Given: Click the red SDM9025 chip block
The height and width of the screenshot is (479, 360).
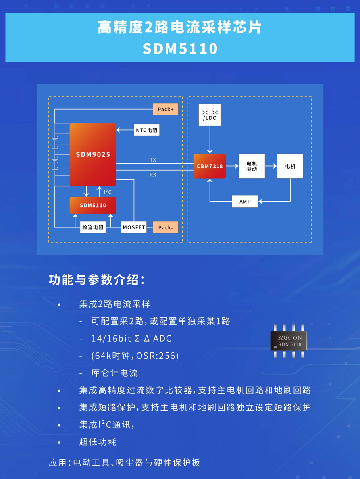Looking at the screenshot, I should point(93,154).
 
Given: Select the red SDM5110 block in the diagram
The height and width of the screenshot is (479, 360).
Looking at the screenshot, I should point(93,205).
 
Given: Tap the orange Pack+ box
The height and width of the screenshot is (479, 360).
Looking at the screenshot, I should point(166,109).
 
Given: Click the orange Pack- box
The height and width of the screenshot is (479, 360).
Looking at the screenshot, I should point(166,227).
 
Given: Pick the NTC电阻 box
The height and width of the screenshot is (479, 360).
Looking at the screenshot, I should point(146,130).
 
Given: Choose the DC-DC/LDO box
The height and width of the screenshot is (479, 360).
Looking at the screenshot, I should point(210,115).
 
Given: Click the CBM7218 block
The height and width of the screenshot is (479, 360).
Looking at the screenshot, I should point(210,166).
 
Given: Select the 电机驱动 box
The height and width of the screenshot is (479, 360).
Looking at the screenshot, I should point(252,166).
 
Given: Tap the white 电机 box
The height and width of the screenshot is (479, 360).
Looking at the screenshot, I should point(290,166).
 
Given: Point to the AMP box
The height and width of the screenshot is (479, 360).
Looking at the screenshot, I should point(245,201).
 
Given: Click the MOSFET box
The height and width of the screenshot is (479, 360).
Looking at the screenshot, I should point(134,227).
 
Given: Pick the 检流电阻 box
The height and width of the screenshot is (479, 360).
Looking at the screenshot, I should point(93,227).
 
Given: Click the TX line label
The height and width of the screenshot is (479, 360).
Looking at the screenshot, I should point(153,160).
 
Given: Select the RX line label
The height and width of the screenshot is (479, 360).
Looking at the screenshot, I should point(153,174).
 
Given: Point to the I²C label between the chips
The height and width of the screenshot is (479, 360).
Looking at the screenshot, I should point(107,192).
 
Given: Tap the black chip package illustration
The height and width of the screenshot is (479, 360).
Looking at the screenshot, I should point(289,341).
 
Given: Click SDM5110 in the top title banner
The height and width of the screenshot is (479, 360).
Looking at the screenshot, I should point(180,49).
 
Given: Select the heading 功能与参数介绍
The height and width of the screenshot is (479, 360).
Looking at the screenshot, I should point(96,280).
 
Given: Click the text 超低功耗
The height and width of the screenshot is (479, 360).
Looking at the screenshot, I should point(98,442).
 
